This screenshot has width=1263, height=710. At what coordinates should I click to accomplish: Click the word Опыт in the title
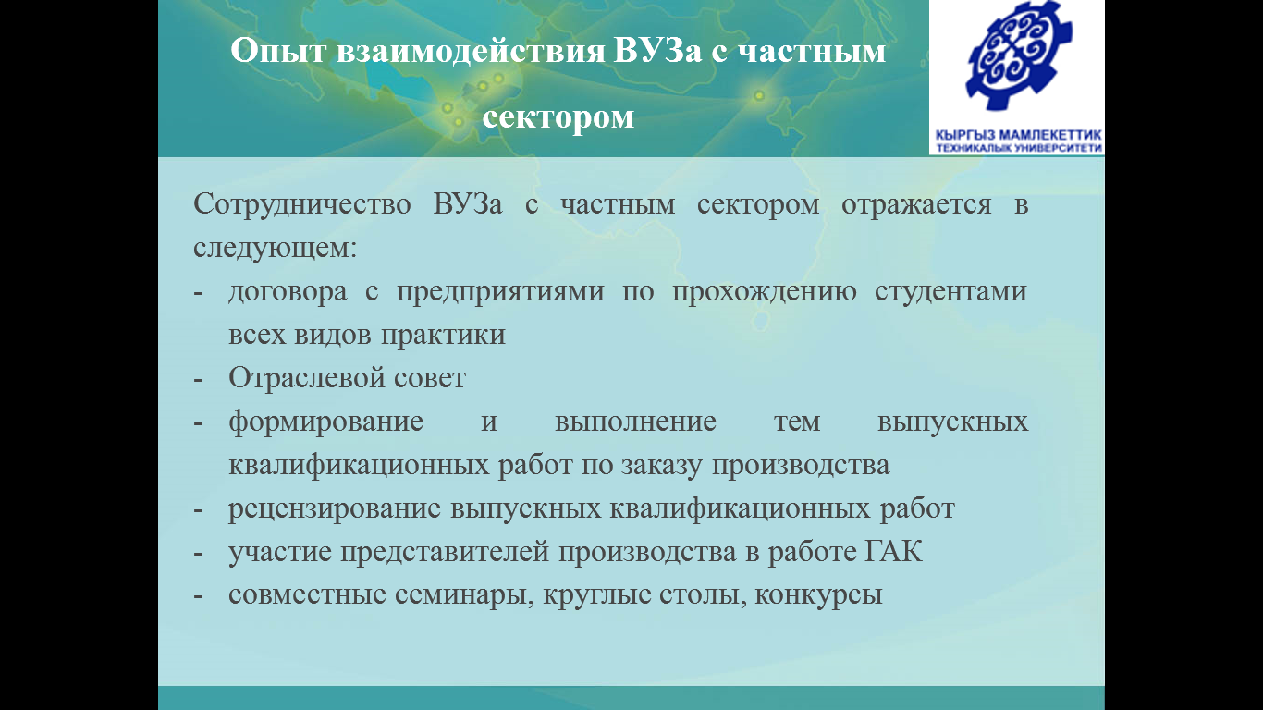click(x=278, y=52)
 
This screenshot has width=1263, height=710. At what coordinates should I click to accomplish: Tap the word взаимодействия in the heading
click(x=472, y=52)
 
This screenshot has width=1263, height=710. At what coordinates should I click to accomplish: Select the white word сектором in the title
click(x=558, y=117)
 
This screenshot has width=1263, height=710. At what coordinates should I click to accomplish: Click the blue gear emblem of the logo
click(x=1018, y=56)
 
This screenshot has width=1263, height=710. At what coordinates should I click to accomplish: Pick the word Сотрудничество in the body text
click(x=302, y=204)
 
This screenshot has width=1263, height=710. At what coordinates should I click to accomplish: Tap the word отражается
click(x=916, y=205)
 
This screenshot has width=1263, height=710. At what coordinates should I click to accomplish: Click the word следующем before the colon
click(x=272, y=248)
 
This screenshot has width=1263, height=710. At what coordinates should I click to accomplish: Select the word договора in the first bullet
click(x=288, y=292)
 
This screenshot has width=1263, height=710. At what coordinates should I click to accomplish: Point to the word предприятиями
click(x=500, y=292)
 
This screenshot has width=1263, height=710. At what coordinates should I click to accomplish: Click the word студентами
click(x=951, y=292)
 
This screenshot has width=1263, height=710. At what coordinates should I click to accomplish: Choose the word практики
click(x=443, y=335)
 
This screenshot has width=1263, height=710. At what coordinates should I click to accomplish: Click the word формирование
click(x=325, y=422)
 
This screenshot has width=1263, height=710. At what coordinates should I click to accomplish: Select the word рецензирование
click(x=335, y=508)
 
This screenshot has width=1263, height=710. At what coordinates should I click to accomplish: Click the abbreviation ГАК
click(x=894, y=552)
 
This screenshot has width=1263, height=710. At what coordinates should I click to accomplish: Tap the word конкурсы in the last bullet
click(x=818, y=595)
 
